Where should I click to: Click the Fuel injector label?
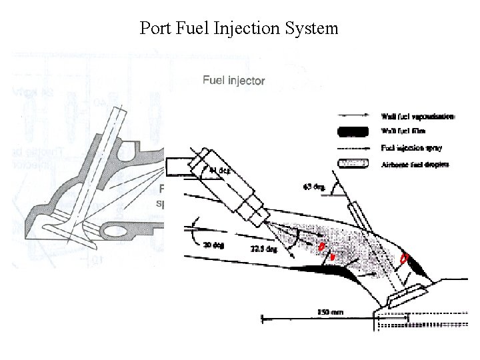[233, 81]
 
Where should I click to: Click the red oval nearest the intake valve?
[403, 258]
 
